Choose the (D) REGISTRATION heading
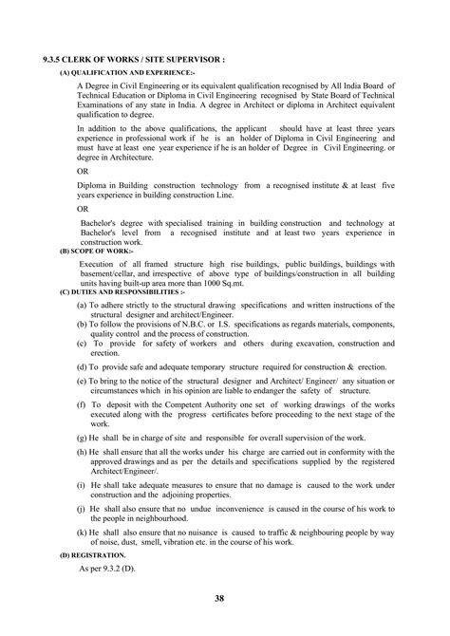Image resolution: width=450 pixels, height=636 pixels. (x=91, y=552)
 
